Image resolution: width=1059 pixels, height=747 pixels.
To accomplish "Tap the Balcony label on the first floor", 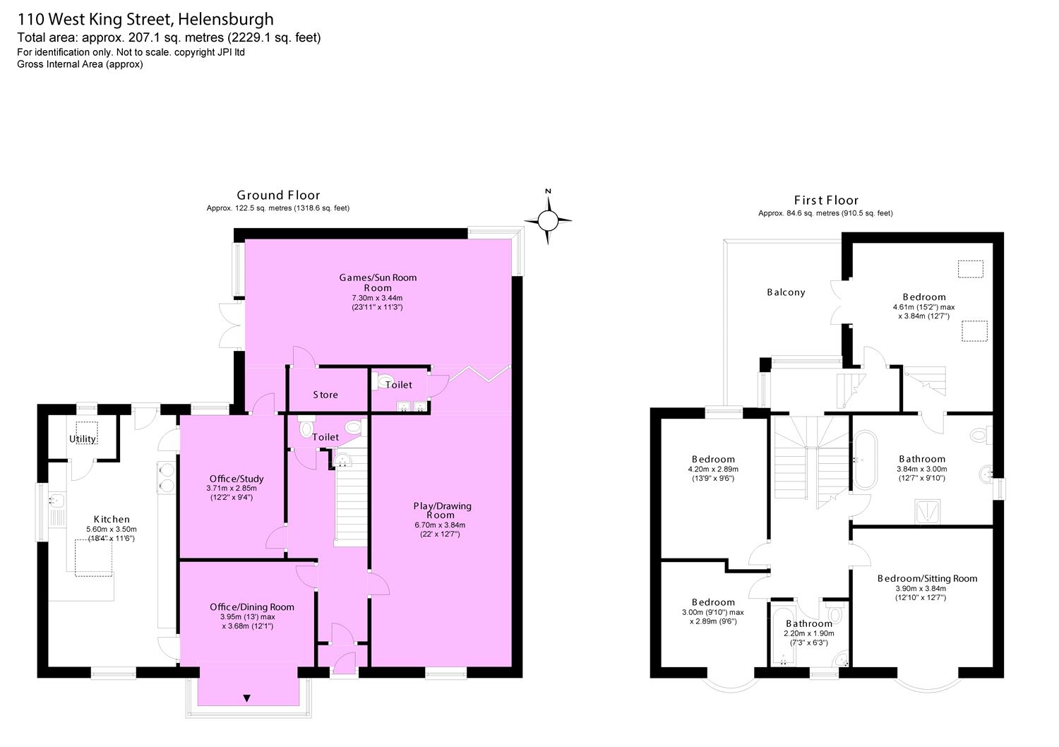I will (786, 292).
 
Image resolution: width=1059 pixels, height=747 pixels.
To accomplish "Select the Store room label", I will (325, 395).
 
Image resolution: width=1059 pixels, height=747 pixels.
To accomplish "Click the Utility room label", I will (83, 439).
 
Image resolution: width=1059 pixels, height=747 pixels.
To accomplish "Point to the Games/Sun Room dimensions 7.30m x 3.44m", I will (377, 298).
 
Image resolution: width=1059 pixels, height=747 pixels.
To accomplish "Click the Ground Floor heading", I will (278, 196).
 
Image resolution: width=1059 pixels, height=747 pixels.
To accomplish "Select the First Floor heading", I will (826, 201).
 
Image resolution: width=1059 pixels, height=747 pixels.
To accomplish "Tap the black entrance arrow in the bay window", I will (246, 699).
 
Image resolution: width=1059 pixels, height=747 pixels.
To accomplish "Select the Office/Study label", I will (232, 479).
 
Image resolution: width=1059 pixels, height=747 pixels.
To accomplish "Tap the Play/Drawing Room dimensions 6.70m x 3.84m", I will (442, 525).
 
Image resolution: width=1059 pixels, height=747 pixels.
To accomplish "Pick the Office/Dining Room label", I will (252, 607).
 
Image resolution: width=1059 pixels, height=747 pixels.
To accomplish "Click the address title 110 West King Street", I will (145, 19).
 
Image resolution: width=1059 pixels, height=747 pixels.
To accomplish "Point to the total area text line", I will (169, 38).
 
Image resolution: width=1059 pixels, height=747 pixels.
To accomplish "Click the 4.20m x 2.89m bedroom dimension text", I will (713, 469).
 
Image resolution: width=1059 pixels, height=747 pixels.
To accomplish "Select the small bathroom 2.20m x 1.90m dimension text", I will (809, 633).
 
